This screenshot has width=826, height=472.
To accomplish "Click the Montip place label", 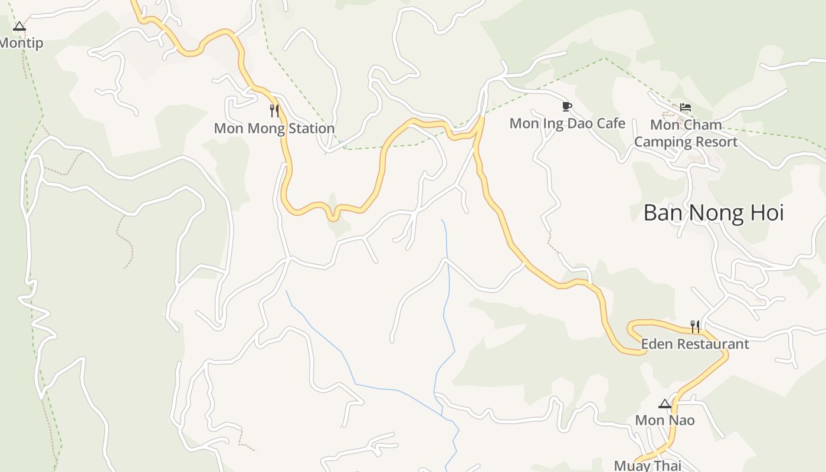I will [21, 43].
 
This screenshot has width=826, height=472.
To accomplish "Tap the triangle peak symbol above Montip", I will [19, 26].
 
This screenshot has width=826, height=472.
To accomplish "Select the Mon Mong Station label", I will [274, 128].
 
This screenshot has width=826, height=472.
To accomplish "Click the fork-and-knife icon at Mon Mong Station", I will [274, 110].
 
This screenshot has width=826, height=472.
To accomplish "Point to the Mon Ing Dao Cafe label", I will [567, 123].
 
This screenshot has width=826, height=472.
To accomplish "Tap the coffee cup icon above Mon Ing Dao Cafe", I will [567, 106].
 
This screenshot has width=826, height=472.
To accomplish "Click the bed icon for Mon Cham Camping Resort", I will [686, 107].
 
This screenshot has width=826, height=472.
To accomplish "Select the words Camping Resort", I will [686, 142].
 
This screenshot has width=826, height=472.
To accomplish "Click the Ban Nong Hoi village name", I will [713, 212].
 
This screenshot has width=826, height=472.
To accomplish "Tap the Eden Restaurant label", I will [694, 344].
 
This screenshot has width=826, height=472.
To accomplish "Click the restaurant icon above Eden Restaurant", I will [695, 326].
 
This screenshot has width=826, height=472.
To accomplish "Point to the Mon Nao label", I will [665, 420].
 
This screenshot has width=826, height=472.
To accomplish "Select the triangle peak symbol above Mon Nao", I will [665, 404].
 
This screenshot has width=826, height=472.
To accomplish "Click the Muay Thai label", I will [647, 466].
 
